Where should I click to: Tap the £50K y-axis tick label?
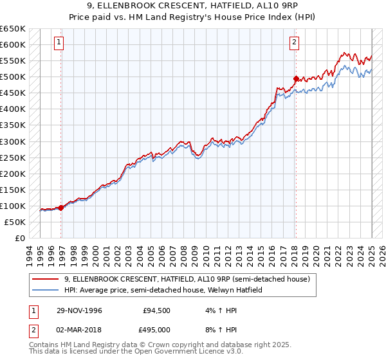15,222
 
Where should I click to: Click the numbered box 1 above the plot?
59,43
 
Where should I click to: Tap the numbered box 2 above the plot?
294,43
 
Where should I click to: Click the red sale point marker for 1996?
61,208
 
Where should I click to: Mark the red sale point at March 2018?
296,78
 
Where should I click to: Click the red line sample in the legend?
45,279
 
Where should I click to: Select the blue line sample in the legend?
45,290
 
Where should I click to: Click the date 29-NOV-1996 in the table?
79,310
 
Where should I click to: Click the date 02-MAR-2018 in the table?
79,329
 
